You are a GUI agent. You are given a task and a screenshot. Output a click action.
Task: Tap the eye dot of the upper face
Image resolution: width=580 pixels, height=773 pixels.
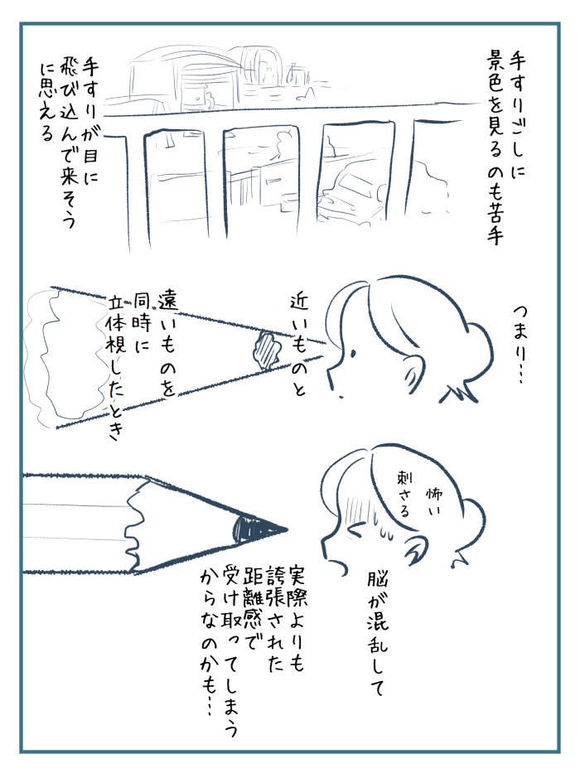(x=353, y=353)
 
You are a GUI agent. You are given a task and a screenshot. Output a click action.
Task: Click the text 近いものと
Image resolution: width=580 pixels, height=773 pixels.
(x=299, y=345)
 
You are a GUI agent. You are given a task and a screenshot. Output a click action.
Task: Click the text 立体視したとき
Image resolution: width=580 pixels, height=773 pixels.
(x=115, y=367)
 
